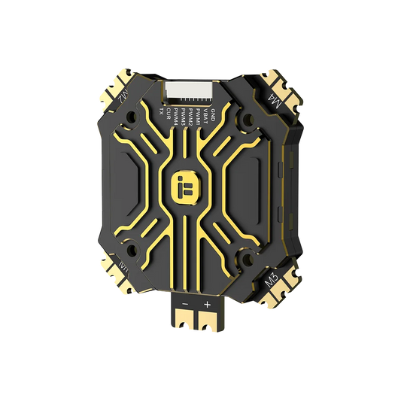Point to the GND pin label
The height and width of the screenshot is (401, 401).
click(214, 114)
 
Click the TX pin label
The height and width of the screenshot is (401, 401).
click(161, 111)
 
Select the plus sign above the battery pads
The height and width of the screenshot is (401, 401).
click(206, 305)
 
